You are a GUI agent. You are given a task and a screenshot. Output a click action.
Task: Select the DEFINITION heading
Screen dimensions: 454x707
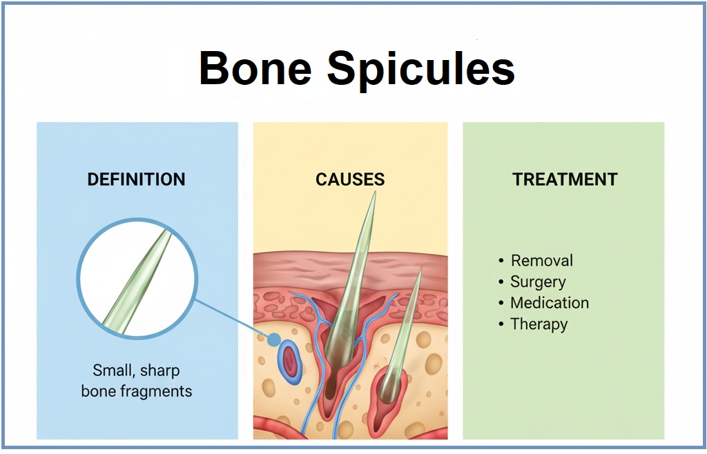pyautogui.click(x=136, y=180)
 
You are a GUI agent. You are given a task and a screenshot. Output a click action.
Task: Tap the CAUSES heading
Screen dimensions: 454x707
pyautogui.click(x=350, y=180)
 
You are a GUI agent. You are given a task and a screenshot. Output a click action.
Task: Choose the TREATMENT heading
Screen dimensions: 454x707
pyautogui.click(x=565, y=180)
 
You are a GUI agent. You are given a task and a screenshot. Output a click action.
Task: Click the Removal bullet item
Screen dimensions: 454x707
pyautogui.click(x=541, y=261)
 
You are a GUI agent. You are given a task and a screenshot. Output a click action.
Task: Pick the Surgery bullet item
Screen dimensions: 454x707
pyautogui.click(x=538, y=282)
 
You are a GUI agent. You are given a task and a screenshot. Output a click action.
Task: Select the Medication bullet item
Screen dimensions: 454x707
pyautogui.click(x=549, y=303)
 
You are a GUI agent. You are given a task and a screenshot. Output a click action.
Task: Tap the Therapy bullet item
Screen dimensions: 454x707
pyautogui.click(x=539, y=324)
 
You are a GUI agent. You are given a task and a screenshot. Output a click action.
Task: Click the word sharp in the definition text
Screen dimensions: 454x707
pyautogui.click(x=159, y=371)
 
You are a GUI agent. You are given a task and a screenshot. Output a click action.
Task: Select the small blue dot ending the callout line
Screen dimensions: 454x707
pyautogui.click(x=274, y=339)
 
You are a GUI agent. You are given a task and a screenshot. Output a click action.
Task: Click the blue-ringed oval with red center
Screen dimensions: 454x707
pyautogui.click(x=290, y=362)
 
